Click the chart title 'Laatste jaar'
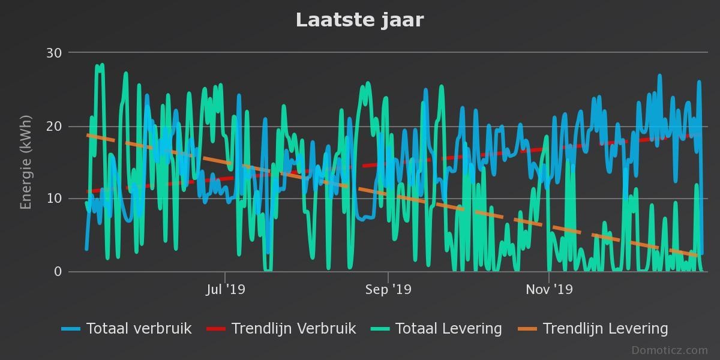(359, 20)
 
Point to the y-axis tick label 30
(54, 53)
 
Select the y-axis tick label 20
(54, 126)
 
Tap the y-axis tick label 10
(54, 199)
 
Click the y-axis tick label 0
(58, 272)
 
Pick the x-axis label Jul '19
(225, 290)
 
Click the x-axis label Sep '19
(388, 290)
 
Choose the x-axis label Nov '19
(549, 290)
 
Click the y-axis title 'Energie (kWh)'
(26, 162)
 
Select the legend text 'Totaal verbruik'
(139, 329)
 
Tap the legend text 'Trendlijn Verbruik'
(293, 329)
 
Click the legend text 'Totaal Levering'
(448, 329)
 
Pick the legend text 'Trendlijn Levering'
(605, 329)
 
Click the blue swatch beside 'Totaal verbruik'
(71, 329)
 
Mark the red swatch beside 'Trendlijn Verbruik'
(216, 329)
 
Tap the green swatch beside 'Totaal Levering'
(380, 329)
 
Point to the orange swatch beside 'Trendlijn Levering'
(527, 329)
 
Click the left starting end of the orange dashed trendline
(88, 135)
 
